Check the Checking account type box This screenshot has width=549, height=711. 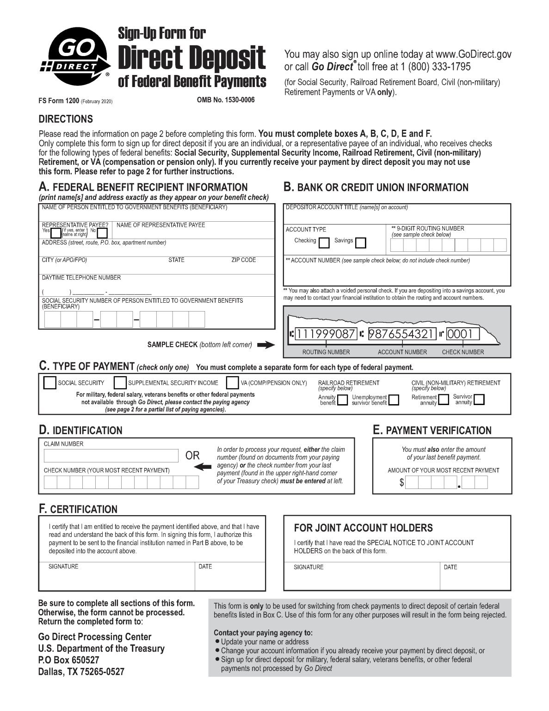coord(324,243)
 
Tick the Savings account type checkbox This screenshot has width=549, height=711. coord(360,243)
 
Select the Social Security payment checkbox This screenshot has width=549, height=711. coord(49,383)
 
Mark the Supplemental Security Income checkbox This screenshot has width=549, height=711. coord(120,383)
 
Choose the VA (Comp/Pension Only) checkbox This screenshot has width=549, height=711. coord(232,383)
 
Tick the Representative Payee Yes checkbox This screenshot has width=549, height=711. coord(56,232)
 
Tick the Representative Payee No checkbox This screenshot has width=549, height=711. coord(102,232)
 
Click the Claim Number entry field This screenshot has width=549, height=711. coord(111,456)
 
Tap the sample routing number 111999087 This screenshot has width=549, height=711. coord(326,334)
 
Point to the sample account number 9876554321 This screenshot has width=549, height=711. coord(402,334)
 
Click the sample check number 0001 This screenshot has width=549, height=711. coord(463,334)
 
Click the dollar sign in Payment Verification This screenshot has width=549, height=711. coord(401,483)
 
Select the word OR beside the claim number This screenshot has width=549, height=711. coord(192,455)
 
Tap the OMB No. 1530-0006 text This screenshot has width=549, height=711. coord(226,100)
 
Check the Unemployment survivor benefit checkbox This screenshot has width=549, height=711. coord(394,400)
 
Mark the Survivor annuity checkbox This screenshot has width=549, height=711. coord(479,399)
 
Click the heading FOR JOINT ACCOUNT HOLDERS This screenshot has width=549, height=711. coord(363,528)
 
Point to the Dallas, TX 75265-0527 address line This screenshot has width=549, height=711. coord(81,672)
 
